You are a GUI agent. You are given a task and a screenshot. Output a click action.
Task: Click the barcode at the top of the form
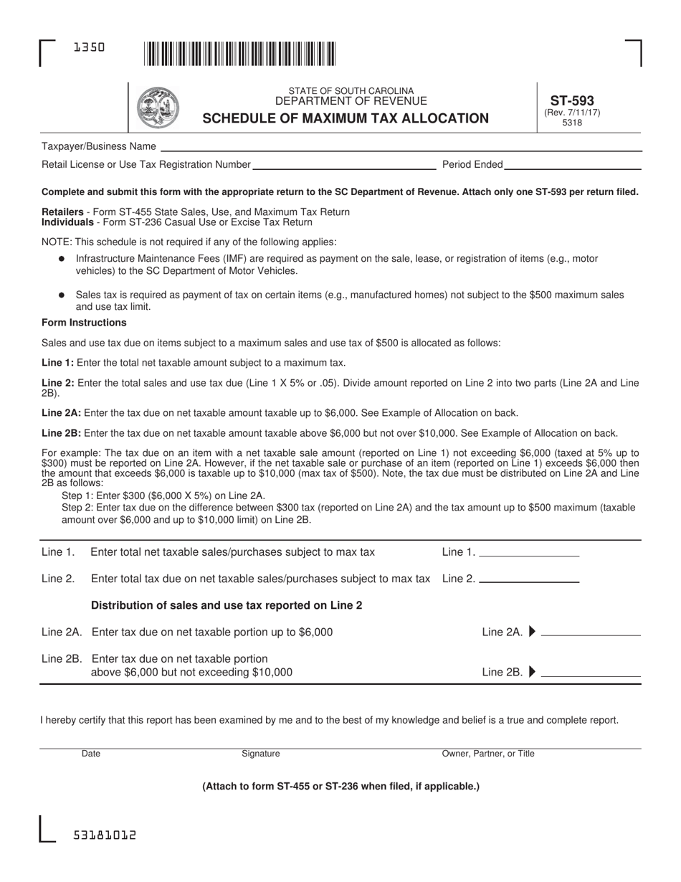pyautogui.click(x=239, y=54)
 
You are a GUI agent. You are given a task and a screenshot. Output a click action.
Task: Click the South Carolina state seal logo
pyautogui.click(x=158, y=108)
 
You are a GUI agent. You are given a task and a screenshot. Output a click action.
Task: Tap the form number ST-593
pyautogui.click(x=571, y=101)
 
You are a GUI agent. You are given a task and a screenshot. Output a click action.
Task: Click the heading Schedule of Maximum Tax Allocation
pyautogui.click(x=346, y=118)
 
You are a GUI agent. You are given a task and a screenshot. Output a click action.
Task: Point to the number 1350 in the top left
pyautogui.click(x=89, y=47)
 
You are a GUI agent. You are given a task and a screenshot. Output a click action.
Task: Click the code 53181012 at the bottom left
pyautogui.click(x=105, y=835)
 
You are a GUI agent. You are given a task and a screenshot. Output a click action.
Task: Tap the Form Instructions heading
pyautogui.click(x=84, y=323)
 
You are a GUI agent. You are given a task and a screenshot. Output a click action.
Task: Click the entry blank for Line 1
pyautogui.click(x=528, y=552)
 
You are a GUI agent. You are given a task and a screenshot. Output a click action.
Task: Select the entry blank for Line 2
pyautogui.click(x=528, y=578)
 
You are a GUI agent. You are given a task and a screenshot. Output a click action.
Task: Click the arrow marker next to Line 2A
pyautogui.click(x=531, y=632)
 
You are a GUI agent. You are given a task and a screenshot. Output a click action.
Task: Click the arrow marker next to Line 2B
pyautogui.click(x=531, y=672)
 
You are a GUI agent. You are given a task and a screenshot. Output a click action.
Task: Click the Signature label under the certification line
pyautogui.click(x=261, y=754)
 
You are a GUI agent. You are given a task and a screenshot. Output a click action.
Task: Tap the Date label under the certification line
pyautogui.click(x=91, y=754)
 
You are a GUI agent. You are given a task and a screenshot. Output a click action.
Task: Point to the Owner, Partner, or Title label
pyautogui.click(x=487, y=754)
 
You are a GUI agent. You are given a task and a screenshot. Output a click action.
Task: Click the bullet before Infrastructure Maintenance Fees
pyautogui.click(x=62, y=258)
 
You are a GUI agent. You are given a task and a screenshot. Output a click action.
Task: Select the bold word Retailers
pyautogui.click(x=62, y=212)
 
